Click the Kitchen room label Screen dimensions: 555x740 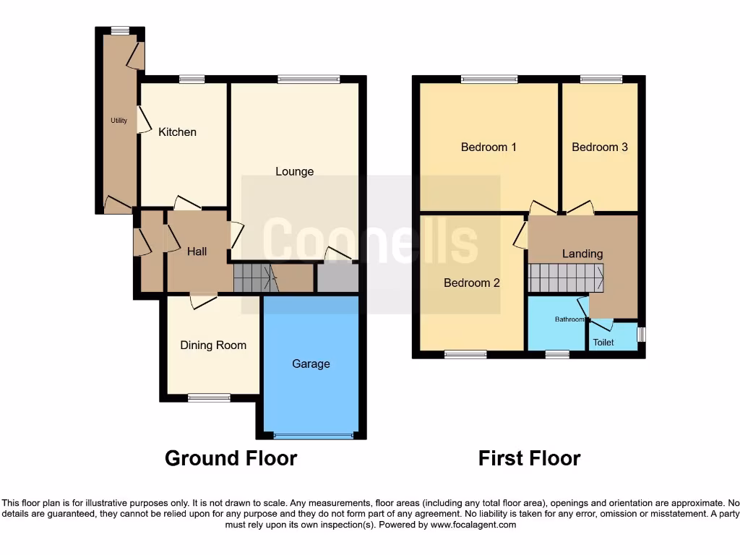coord(177,132)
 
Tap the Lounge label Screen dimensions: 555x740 coord(295,171)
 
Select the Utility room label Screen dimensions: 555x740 coord(119,121)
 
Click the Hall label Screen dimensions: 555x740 coord(197,251)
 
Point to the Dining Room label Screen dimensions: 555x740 coord(213,345)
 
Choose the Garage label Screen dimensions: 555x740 coord(311,364)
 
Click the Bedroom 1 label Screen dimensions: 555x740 coord(489,147)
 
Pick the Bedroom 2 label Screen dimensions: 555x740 coord(471,283)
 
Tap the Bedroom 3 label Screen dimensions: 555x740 coord(599,147)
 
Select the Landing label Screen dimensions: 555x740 coord(582,254)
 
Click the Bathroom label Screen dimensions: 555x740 coord(570,319)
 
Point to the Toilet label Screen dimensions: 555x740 coord(603,343)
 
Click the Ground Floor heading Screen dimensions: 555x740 coord(231,458)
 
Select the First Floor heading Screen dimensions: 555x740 coord(529,458)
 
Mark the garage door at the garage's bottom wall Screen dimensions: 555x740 coord(314,436)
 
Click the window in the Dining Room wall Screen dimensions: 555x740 coord(210,397)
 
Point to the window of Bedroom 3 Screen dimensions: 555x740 coord(601,79)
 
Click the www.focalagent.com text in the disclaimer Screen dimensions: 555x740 coord(473,525)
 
